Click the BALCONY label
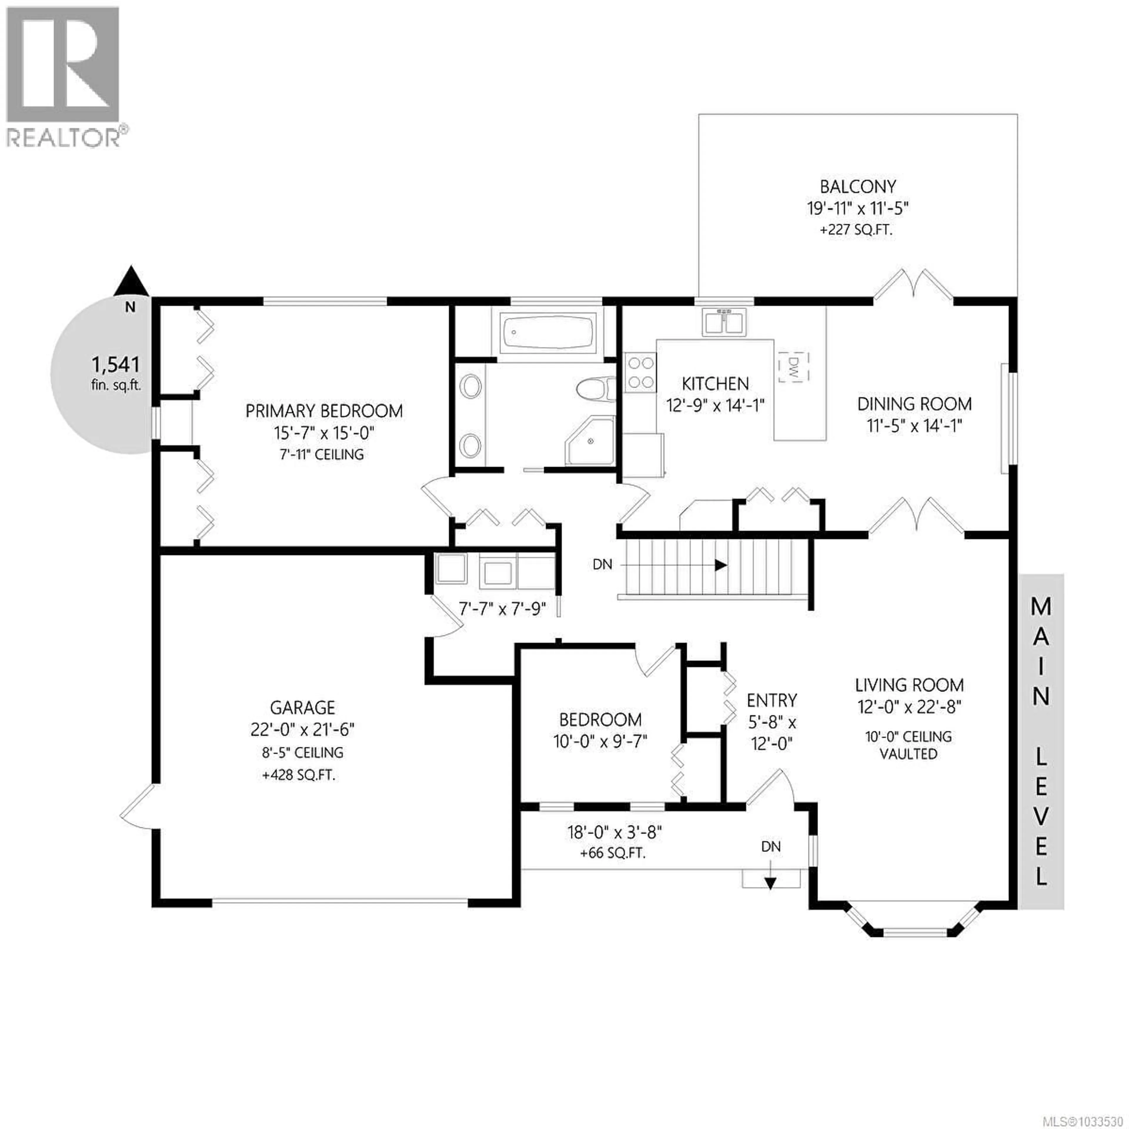pyautogui.click(x=857, y=187)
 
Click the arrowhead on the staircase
pyautogui.click(x=721, y=565)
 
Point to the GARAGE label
pyautogui.click(x=302, y=708)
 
